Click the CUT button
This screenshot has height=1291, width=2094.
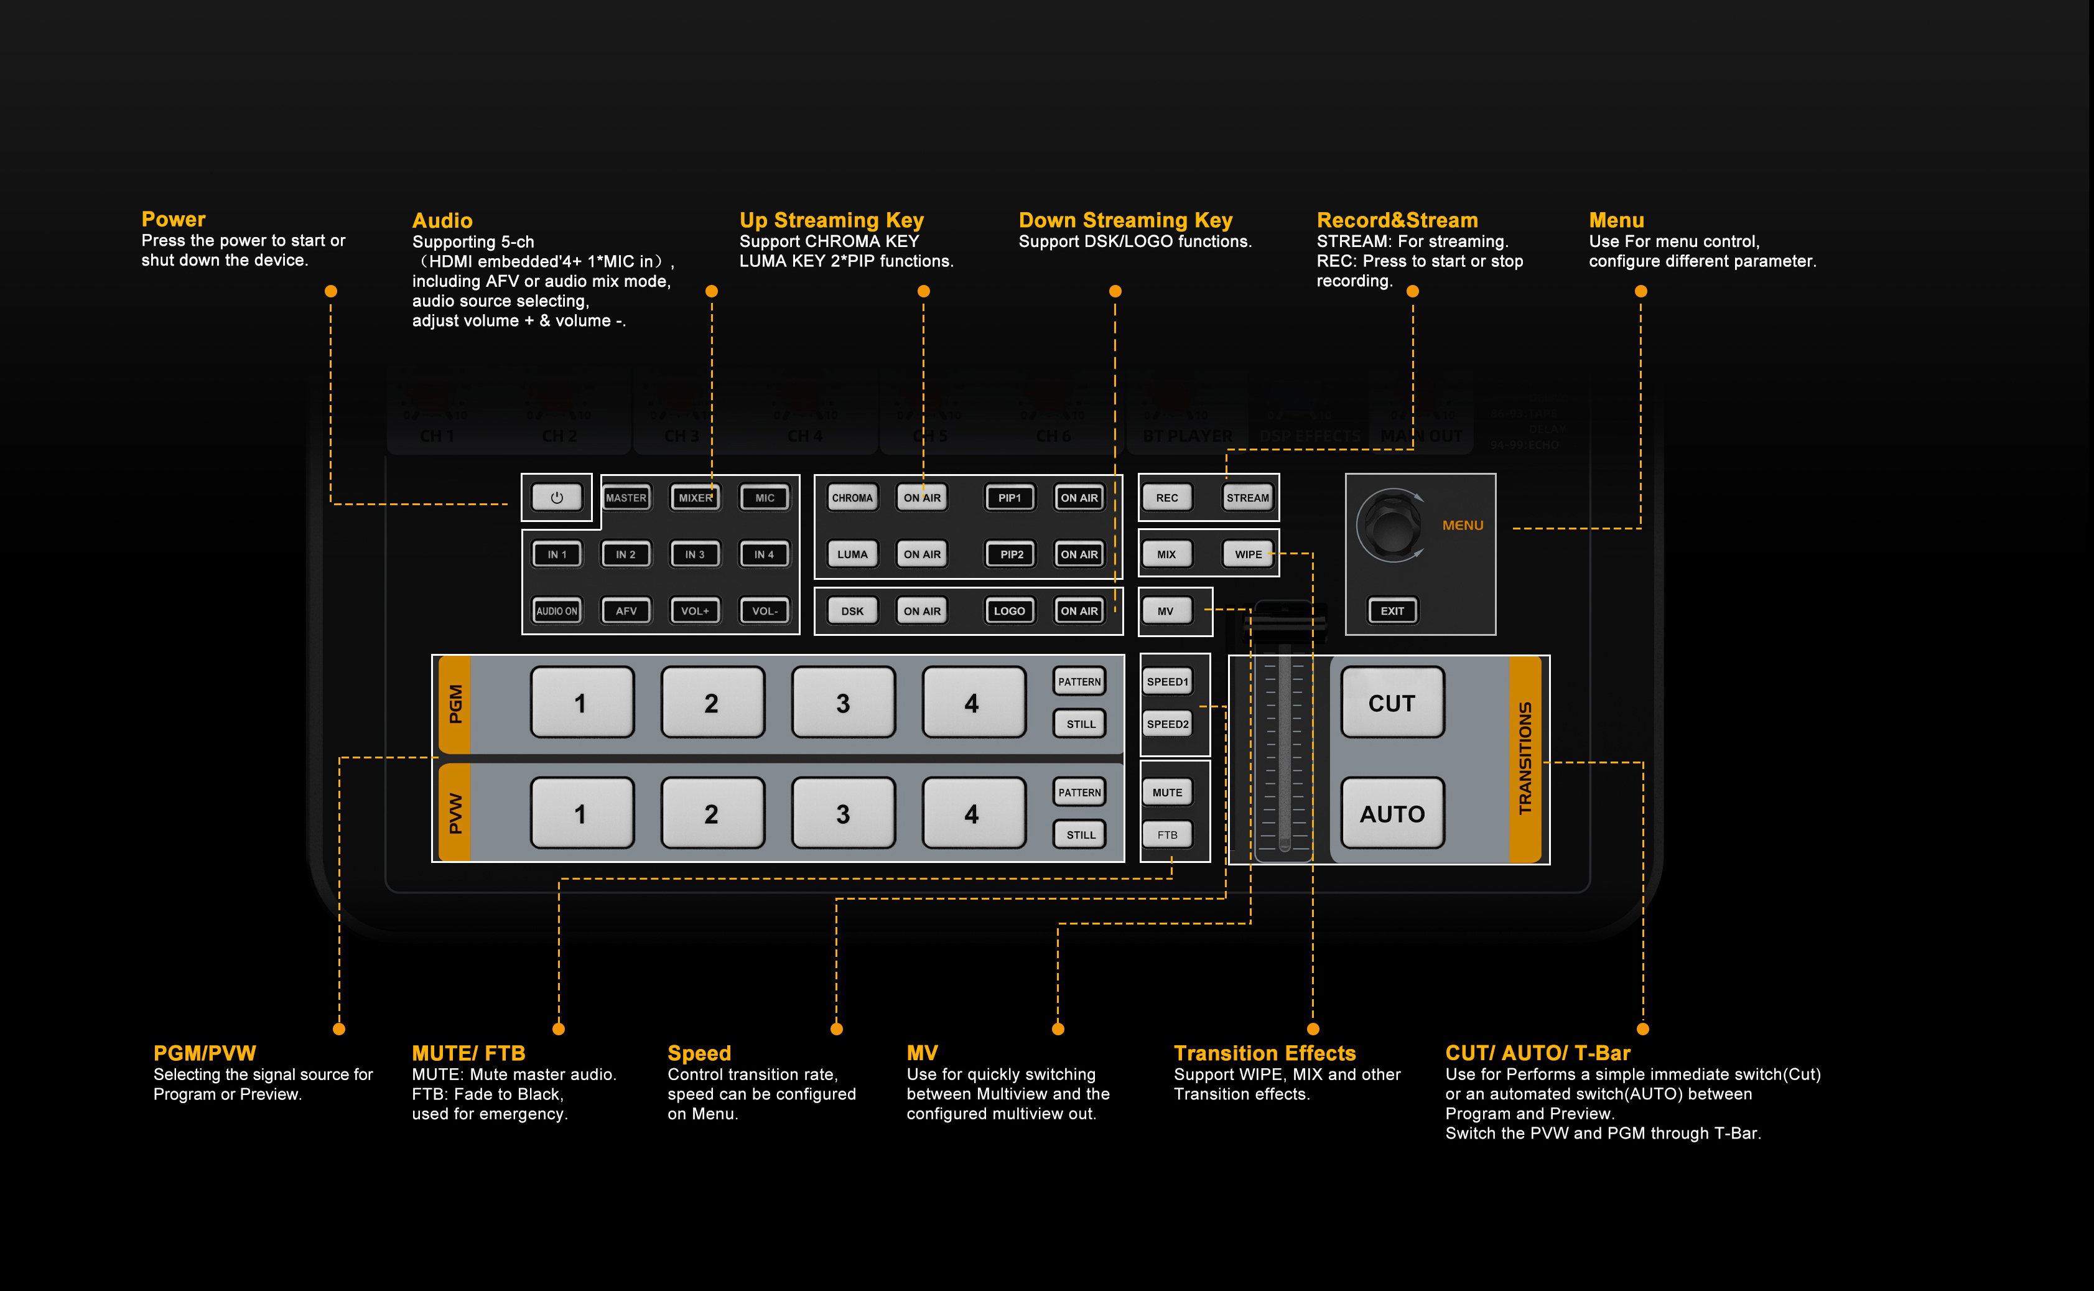click(1392, 702)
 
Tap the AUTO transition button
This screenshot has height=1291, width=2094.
click(1392, 814)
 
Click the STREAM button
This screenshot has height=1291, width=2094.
click(1247, 498)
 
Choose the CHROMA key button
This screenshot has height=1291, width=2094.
click(852, 498)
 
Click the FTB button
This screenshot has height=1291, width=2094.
click(1167, 835)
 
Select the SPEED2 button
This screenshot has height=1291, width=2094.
click(1167, 724)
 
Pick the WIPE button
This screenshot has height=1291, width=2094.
click(1247, 554)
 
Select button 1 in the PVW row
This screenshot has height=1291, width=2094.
click(581, 814)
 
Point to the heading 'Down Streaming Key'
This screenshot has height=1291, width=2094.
click(1125, 220)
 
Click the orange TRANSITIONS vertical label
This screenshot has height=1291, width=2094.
click(1525, 758)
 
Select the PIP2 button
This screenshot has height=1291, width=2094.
click(1011, 554)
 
